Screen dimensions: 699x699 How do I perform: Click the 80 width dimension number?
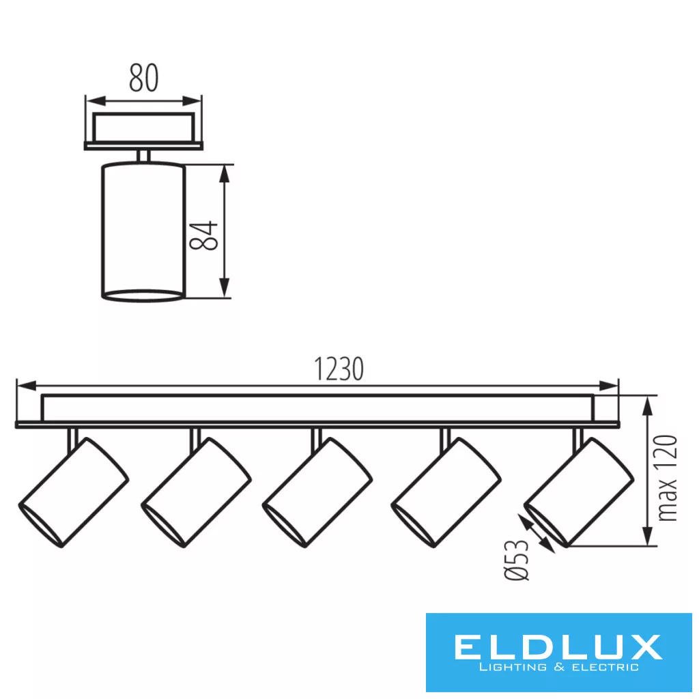[x=143, y=78]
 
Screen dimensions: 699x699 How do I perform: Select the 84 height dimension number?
[x=203, y=236]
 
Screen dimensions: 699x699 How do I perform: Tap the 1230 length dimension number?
[x=339, y=369]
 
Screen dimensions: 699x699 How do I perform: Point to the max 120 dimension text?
[x=668, y=478]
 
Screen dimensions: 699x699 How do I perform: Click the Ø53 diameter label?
[x=516, y=560]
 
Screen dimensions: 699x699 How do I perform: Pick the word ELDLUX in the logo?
[x=558, y=647]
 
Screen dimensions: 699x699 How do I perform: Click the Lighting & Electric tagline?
[x=558, y=668]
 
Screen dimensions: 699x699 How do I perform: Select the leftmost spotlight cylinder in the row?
[x=74, y=493]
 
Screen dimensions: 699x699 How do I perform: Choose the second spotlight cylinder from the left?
[x=196, y=493]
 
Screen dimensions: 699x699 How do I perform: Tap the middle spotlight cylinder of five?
[x=317, y=493]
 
